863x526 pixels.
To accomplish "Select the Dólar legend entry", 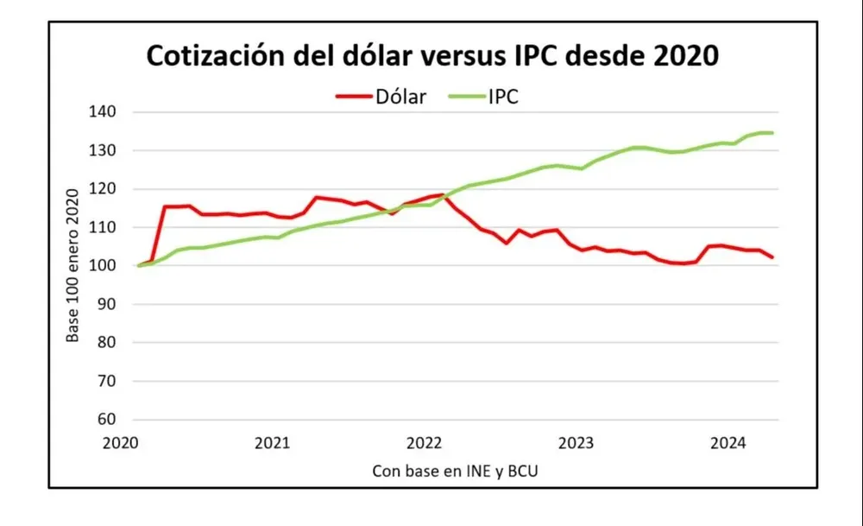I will pos(400,97).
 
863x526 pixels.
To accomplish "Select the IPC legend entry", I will pos(501,97).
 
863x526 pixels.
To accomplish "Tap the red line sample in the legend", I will pos(353,97).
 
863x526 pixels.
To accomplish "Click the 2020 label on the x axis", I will pos(121,444).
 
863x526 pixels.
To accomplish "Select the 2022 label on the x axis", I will pos(424,444).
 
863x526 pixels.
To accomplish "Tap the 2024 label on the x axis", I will pos(728,444).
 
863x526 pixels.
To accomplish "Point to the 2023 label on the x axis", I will pos(576,444).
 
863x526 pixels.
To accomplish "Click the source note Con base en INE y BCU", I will pos(460,472).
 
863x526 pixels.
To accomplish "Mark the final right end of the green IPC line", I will pos(772,133).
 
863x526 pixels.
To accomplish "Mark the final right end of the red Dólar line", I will pos(772,257).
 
